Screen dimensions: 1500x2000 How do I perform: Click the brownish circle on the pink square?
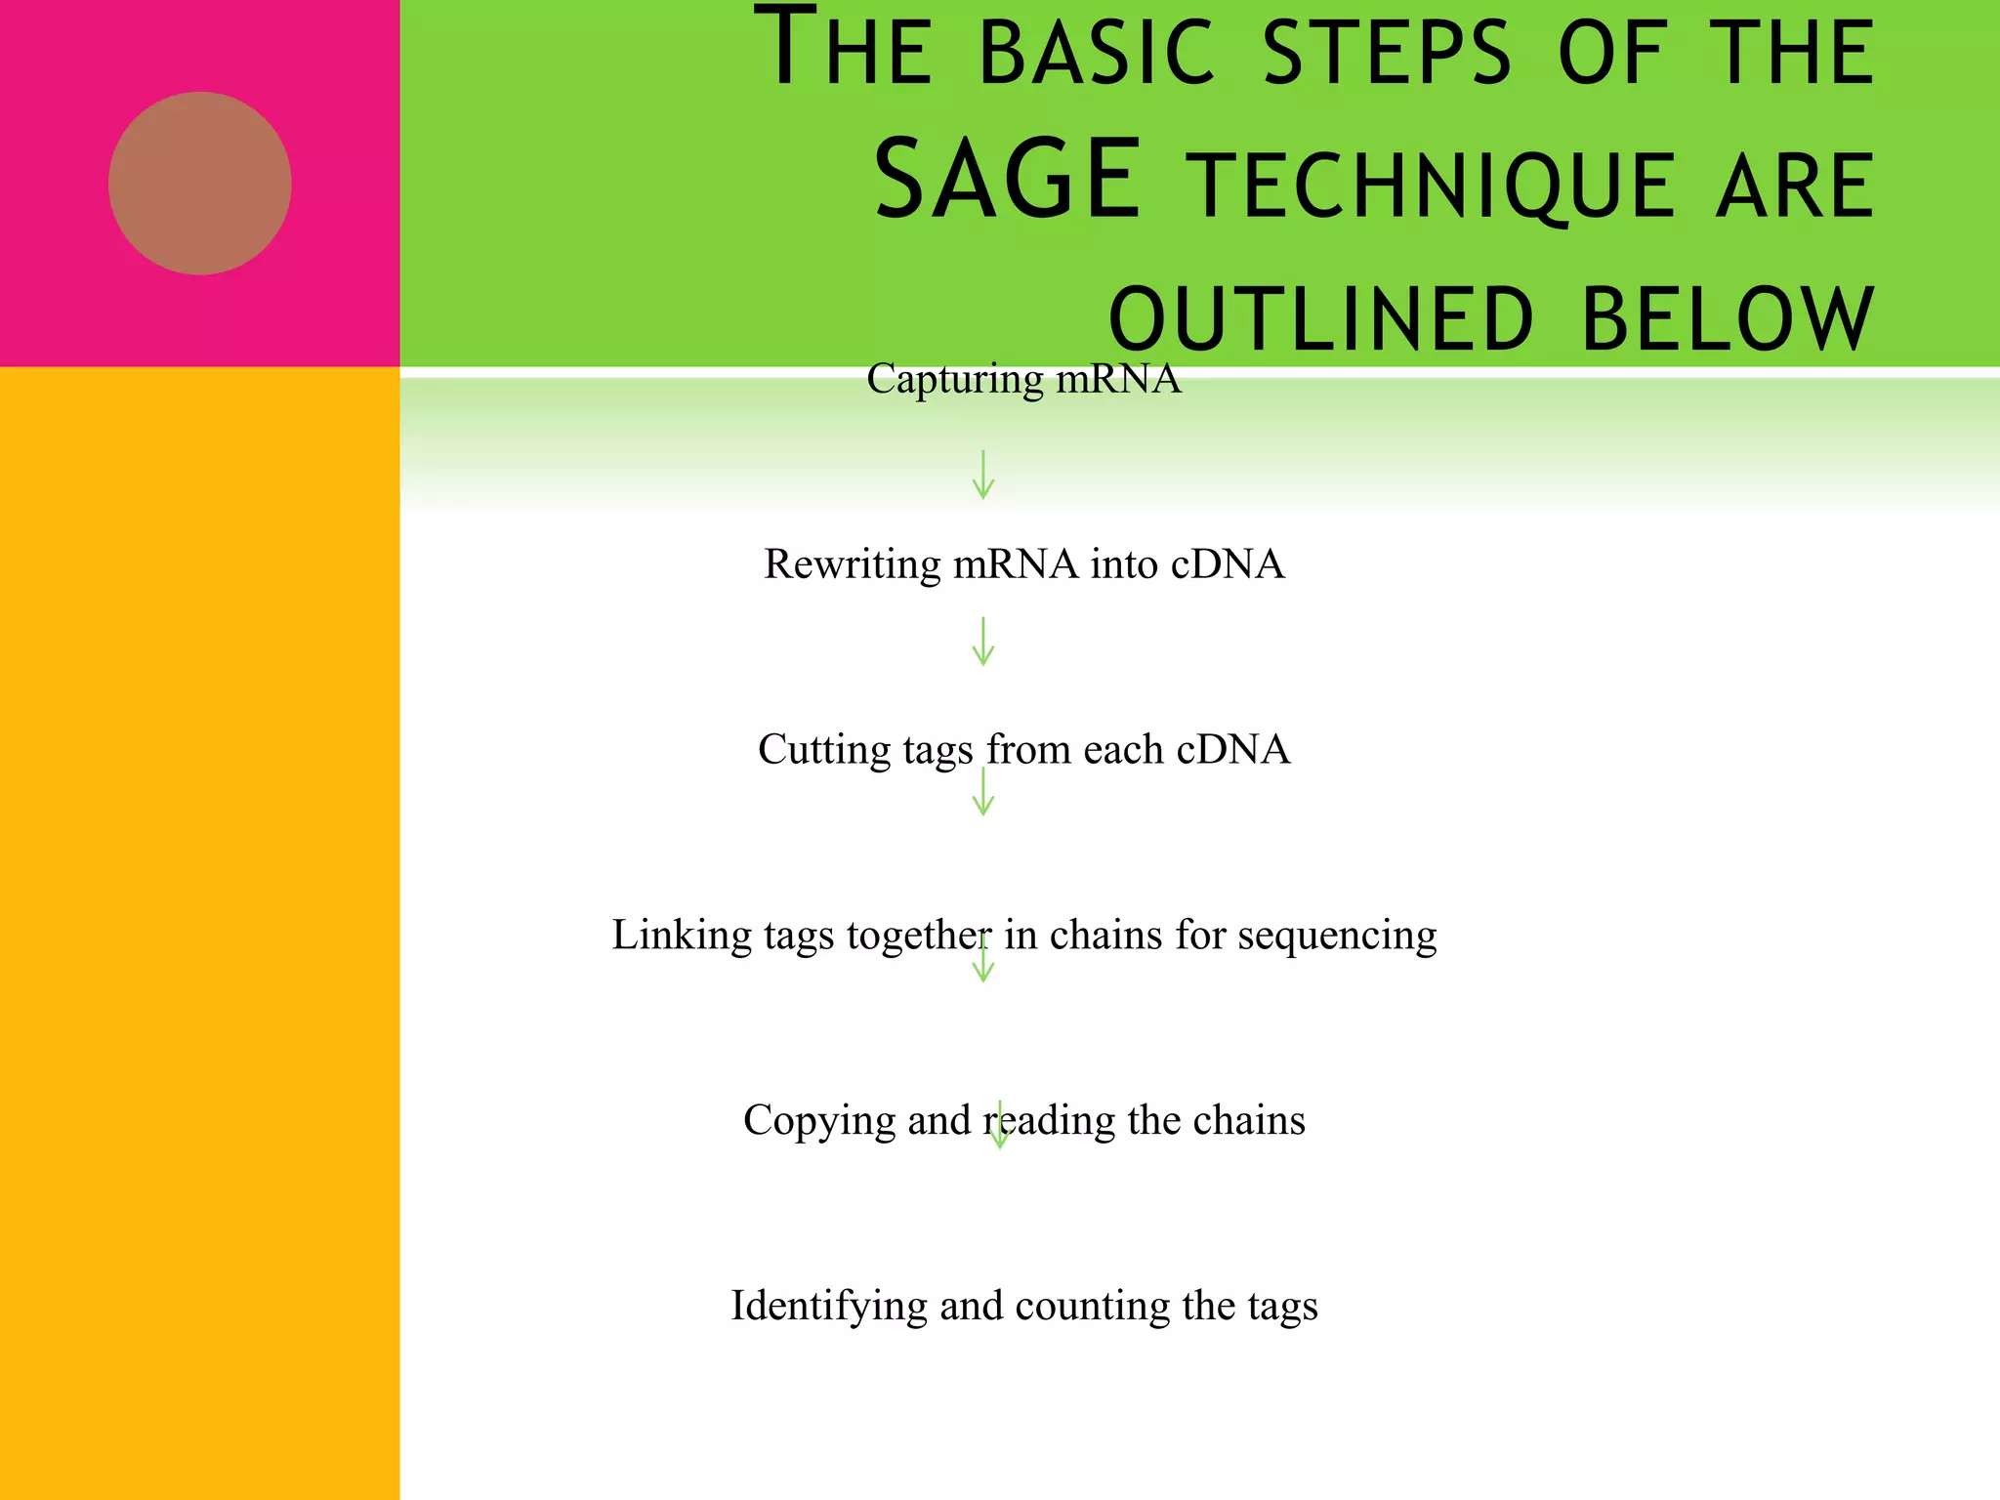point(199,183)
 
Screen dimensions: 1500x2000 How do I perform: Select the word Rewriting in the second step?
point(852,564)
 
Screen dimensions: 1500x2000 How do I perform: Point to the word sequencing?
point(1337,936)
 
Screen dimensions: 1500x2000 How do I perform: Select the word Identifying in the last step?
point(828,1307)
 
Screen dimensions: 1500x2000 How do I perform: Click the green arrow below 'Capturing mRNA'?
point(983,475)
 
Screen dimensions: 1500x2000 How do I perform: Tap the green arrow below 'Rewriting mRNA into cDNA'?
point(983,642)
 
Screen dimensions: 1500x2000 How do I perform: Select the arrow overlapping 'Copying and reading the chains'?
point(999,1126)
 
